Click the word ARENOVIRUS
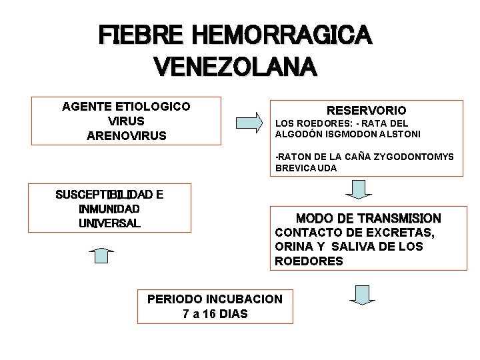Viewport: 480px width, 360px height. pyautogui.click(x=127, y=136)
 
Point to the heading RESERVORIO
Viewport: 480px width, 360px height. pyautogui.click(x=366, y=110)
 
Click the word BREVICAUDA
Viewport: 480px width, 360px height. pyautogui.click(x=306, y=169)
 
